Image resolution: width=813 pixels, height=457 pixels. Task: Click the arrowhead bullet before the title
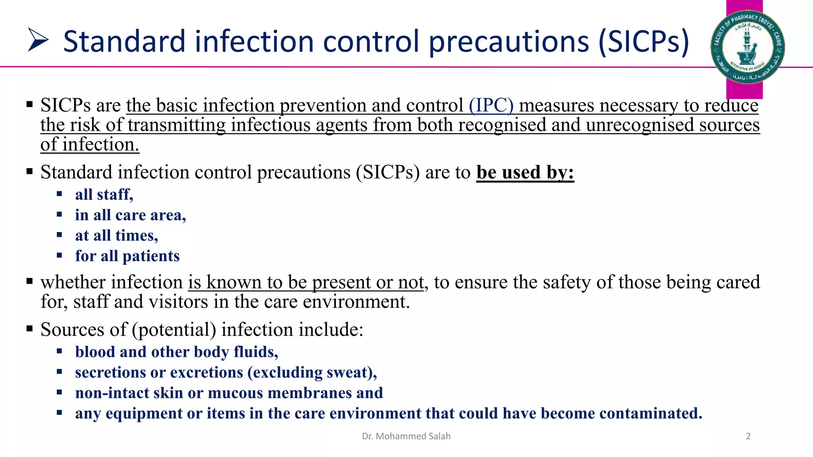click(38, 40)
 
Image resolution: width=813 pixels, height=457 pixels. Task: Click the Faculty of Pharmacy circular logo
click(747, 47)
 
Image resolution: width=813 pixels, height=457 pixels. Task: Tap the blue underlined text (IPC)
click(491, 105)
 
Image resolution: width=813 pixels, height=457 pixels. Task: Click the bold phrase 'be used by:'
click(525, 172)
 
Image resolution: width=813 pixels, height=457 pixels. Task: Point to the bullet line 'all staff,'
click(104, 194)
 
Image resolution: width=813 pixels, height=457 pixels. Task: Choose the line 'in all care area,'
click(130, 215)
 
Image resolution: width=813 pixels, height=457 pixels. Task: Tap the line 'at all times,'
click(116, 236)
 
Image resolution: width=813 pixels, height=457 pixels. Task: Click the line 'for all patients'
click(127, 256)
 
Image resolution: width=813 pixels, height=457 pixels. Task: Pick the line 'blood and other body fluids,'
click(176, 352)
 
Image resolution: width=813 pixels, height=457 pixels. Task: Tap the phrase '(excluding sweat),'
click(312, 373)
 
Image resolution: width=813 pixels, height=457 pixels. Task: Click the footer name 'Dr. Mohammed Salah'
click(406, 436)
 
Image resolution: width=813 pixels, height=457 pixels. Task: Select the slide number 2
click(748, 436)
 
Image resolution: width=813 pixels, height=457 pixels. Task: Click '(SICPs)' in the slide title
click(643, 41)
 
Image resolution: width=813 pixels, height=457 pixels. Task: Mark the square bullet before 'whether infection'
click(29, 282)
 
